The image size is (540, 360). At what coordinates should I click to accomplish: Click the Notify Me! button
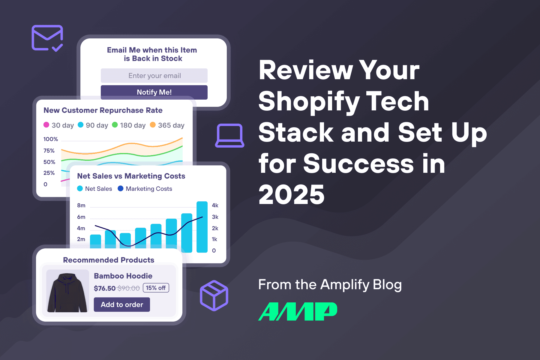pyautogui.click(x=154, y=92)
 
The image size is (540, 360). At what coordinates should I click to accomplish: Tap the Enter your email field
pyautogui.click(x=154, y=76)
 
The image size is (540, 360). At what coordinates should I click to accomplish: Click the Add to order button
pyautogui.click(x=122, y=304)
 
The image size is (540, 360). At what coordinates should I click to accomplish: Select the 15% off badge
pyautogui.click(x=156, y=288)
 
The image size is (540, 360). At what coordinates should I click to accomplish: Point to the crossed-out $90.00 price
pyautogui.click(x=128, y=288)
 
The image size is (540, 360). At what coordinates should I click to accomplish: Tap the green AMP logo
pyautogui.click(x=298, y=311)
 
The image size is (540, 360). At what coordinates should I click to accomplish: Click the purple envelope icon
pyautogui.click(x=47, y=38)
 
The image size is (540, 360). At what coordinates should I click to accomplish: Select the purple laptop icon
pyautogui.click(x=229, y=136)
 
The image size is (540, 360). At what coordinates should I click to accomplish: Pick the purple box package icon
pyautogui.click(x=214, y=295)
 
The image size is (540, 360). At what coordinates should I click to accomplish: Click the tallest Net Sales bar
pyautogui.click(x=202, y=227)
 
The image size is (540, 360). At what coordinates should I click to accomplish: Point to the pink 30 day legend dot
pyautogui.click(x=46, y=125)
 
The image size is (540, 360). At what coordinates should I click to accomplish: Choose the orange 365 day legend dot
pyautogui.click(x=153, y=125)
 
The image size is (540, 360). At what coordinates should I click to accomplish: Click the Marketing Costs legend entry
pyautogui.click(x=145, y=189)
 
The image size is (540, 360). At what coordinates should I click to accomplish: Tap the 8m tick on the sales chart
pyautogui.click(x=81, y=205)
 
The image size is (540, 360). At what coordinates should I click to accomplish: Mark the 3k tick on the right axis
pyautogui.click(x=215, y=217)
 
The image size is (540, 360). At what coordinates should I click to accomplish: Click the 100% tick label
pyautogui.click(x=50, y=139)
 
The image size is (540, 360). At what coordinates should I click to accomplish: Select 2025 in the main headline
pyautogui.click(x=291, y=195)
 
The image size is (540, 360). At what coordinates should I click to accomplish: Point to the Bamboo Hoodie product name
pyautogui.click(x=123, y=276)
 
